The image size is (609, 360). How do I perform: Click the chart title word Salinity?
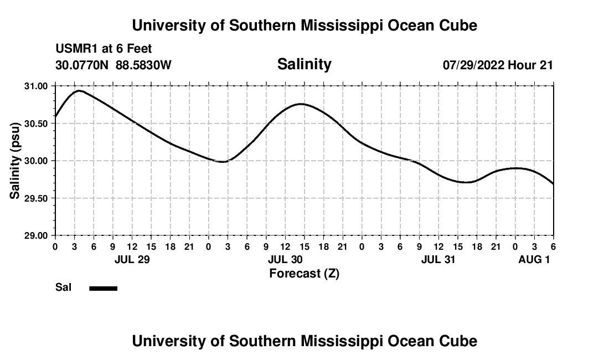point(304,64)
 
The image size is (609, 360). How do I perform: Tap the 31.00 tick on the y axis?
point(36,86)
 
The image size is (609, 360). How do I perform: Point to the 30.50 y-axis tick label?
point(36,124)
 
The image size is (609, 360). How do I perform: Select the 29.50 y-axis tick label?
point(36,198)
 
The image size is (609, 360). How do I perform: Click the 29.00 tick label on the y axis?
point(36,235)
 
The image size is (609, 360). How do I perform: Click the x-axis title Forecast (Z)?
point(304,273)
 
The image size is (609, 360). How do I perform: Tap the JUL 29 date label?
point(132,259)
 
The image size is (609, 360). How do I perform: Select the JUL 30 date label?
point(285,259)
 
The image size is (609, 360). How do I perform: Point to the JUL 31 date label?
point(438,259)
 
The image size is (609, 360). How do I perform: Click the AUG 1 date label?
point(534,259)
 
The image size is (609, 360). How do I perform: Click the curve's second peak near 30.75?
point(301,104)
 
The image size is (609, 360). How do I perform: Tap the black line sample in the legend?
point(103,288)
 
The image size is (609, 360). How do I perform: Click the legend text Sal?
point(62,287)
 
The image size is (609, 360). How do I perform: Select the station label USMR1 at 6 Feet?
point(104,49)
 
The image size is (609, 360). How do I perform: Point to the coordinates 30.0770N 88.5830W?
point(113,65)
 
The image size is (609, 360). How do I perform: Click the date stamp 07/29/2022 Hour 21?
point(498,65)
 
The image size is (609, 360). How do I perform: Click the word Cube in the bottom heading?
point(458,341)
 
